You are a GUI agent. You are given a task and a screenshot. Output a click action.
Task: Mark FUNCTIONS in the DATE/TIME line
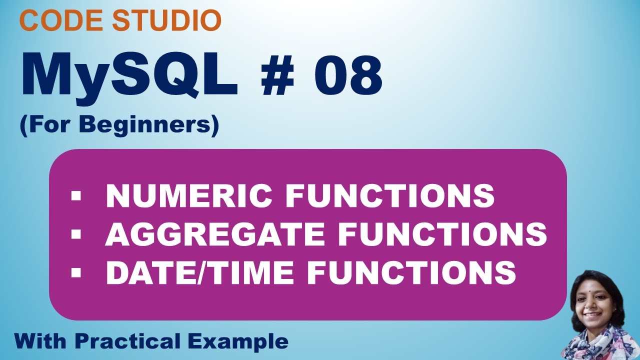click(411, 272)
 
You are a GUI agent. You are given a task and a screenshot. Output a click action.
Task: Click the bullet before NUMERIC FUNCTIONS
click(76, 196)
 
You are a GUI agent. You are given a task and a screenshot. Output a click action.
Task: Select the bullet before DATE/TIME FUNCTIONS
click(76, 273)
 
